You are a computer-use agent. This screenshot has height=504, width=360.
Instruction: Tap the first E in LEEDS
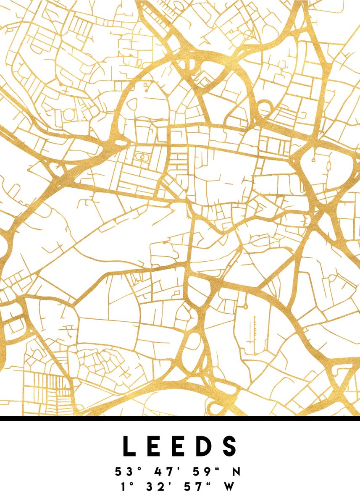pyautogui.click(x=154, y=446)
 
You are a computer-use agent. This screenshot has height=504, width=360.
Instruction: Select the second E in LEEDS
pyautogui.click(x=180, y=446)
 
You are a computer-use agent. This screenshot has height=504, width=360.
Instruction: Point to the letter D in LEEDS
pyautogui.click(x=205, y=446)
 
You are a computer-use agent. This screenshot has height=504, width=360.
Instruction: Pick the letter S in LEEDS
pyautogui.click(x=231, y=446)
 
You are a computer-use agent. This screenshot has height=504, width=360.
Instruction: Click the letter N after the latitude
pyautogui.click(x=236, y=472)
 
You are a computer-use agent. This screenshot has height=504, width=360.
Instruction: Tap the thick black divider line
pyautogui.click(x=180, y=418)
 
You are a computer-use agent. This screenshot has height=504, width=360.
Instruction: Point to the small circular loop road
pyautogui.click(x=264, y=109)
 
